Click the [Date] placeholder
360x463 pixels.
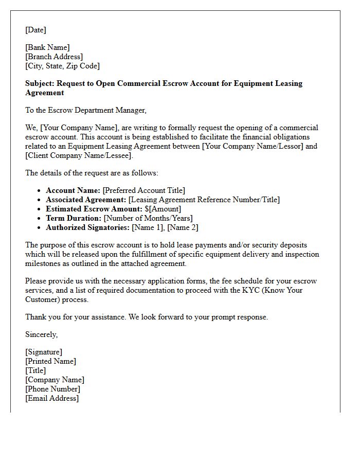35,30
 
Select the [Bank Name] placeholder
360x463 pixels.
47,47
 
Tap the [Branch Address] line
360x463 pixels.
54,57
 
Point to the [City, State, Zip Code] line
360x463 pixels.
62,66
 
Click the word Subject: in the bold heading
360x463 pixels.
40,83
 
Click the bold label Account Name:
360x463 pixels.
73,190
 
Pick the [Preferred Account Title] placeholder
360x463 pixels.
144,190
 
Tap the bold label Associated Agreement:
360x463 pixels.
86,200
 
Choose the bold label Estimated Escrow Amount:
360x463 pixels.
94,209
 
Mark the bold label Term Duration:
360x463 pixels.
74,218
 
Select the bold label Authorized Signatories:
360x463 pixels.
87,227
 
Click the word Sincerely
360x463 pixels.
41,334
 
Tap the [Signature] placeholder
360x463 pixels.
44,352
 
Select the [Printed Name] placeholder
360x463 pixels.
50,361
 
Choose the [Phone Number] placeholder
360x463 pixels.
52,389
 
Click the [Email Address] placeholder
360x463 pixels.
52,398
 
